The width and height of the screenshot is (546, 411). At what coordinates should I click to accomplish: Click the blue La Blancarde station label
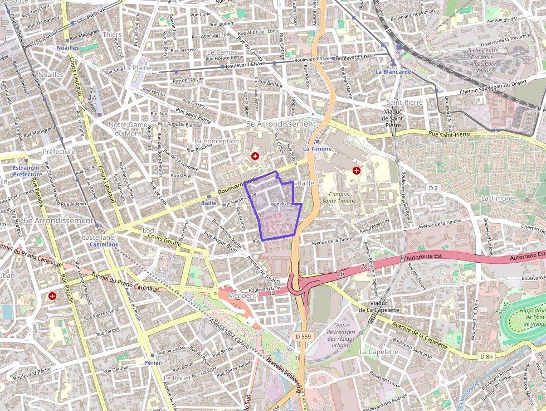click(393, 72)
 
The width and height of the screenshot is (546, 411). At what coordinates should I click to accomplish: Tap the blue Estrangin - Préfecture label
click(27, 171)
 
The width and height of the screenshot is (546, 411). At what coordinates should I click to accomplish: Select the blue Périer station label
click(152, 362)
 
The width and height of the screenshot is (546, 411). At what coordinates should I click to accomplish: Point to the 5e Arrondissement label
click(281, 124)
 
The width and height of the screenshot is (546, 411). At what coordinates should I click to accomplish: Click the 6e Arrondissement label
click(59, 221)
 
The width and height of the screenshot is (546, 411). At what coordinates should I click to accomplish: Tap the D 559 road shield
click(303, 336)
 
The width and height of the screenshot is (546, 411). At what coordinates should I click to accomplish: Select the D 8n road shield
click(486, 356)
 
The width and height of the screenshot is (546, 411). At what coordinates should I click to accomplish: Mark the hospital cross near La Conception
click(255, 156)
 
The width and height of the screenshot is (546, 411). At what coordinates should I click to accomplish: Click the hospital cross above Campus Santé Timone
click(357, 170)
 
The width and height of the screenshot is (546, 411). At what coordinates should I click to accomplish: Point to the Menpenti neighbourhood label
click(242, 296)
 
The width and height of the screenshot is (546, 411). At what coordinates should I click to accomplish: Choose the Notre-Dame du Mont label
click(128, 129)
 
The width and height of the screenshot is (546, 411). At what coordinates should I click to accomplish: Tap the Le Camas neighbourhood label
click(218, 52)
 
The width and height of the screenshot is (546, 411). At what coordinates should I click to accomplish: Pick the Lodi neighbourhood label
click(149, 230)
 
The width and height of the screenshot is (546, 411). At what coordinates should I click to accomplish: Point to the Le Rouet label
click(178, 378)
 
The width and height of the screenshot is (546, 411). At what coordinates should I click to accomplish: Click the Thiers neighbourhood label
click(112, 35)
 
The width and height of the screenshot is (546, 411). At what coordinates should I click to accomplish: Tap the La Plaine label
click(138, 68)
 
